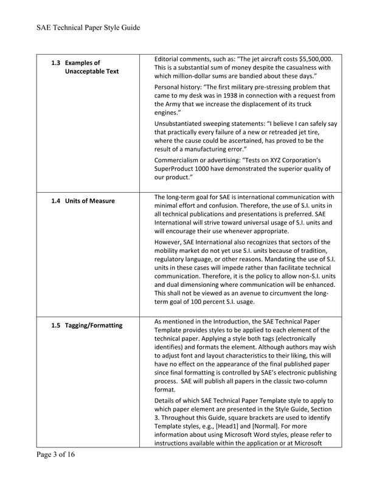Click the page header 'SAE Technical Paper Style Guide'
tap(88, 27)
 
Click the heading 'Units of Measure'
tap(89, 201)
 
